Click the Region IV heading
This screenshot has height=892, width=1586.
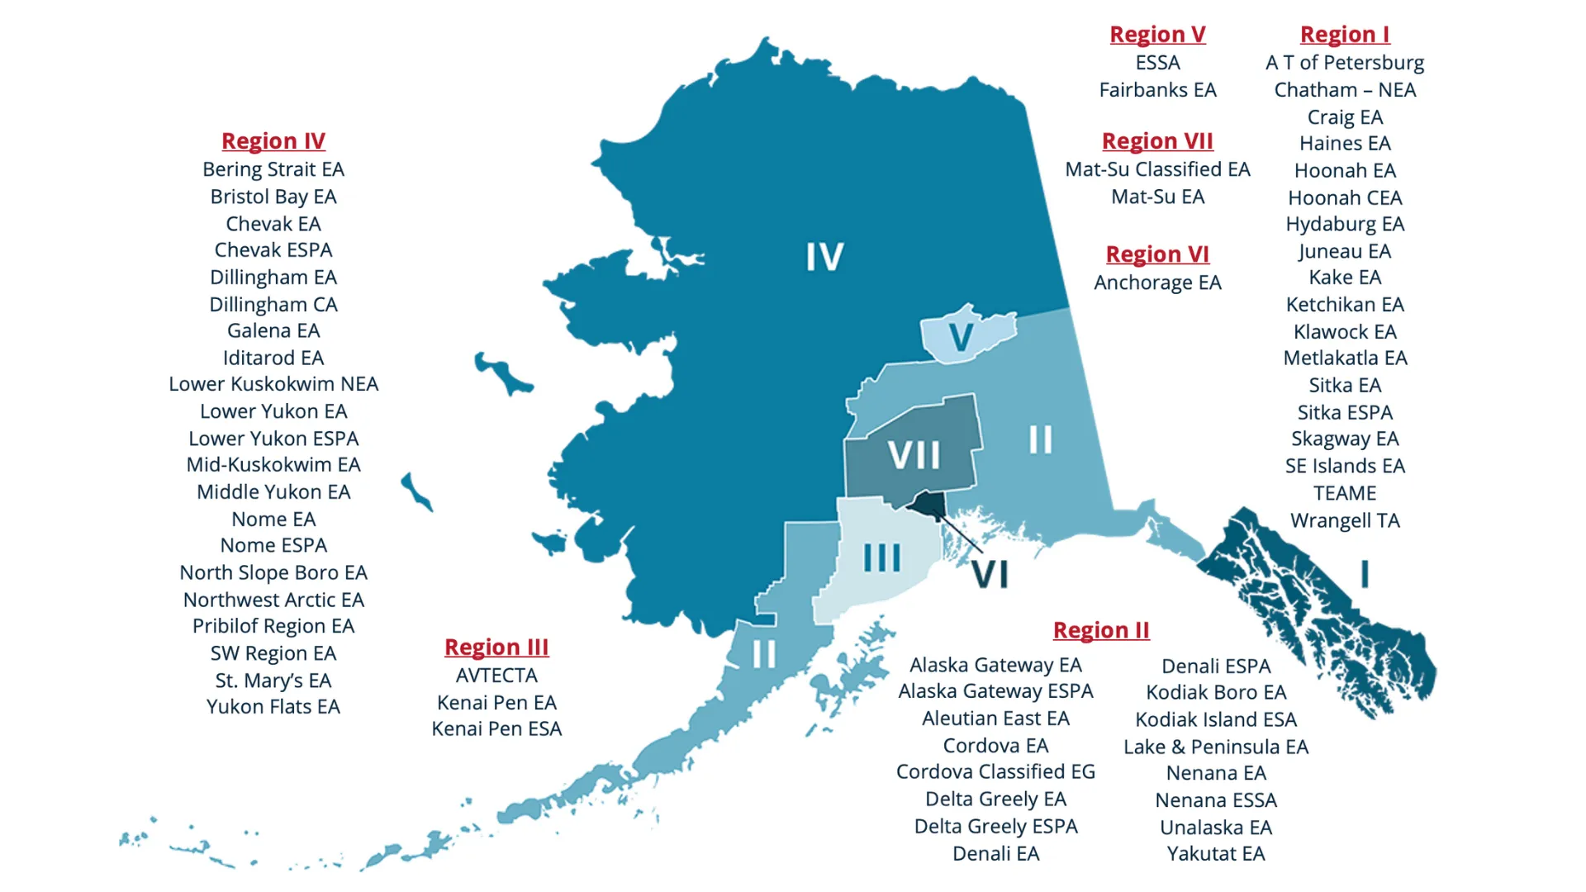(x=273, y=141)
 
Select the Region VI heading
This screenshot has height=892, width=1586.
(x=1157, y=254)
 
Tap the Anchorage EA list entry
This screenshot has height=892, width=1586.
(x=1157, y=282)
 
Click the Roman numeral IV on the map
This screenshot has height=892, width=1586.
(x=824, y=257)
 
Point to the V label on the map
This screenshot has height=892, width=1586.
(x=961, y=337)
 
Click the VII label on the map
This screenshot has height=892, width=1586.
(x=914, y=455)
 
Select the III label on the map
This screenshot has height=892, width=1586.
(x=881, y=558)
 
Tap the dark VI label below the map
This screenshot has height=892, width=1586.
(x=990, y=575)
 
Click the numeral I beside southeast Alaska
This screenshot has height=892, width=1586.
(x=1365, y=574)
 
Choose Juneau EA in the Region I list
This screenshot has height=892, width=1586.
(x=1345, y=251)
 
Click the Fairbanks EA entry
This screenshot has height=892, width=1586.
(x=1157, y=90)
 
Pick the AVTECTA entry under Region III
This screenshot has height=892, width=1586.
(x=496, y=676)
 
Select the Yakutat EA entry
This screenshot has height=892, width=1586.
(x=1215, y=854)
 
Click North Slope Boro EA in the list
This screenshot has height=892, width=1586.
(x=273, y=572)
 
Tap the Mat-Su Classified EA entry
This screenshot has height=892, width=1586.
(x=1157, y=169)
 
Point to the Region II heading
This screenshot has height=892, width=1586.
(x=1101, y=630)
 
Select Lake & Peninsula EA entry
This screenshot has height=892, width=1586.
(x=1215, y=747)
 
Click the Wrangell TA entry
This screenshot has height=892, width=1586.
(x=1345, y=520)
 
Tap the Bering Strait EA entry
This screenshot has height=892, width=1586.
(x=273, y=169)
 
